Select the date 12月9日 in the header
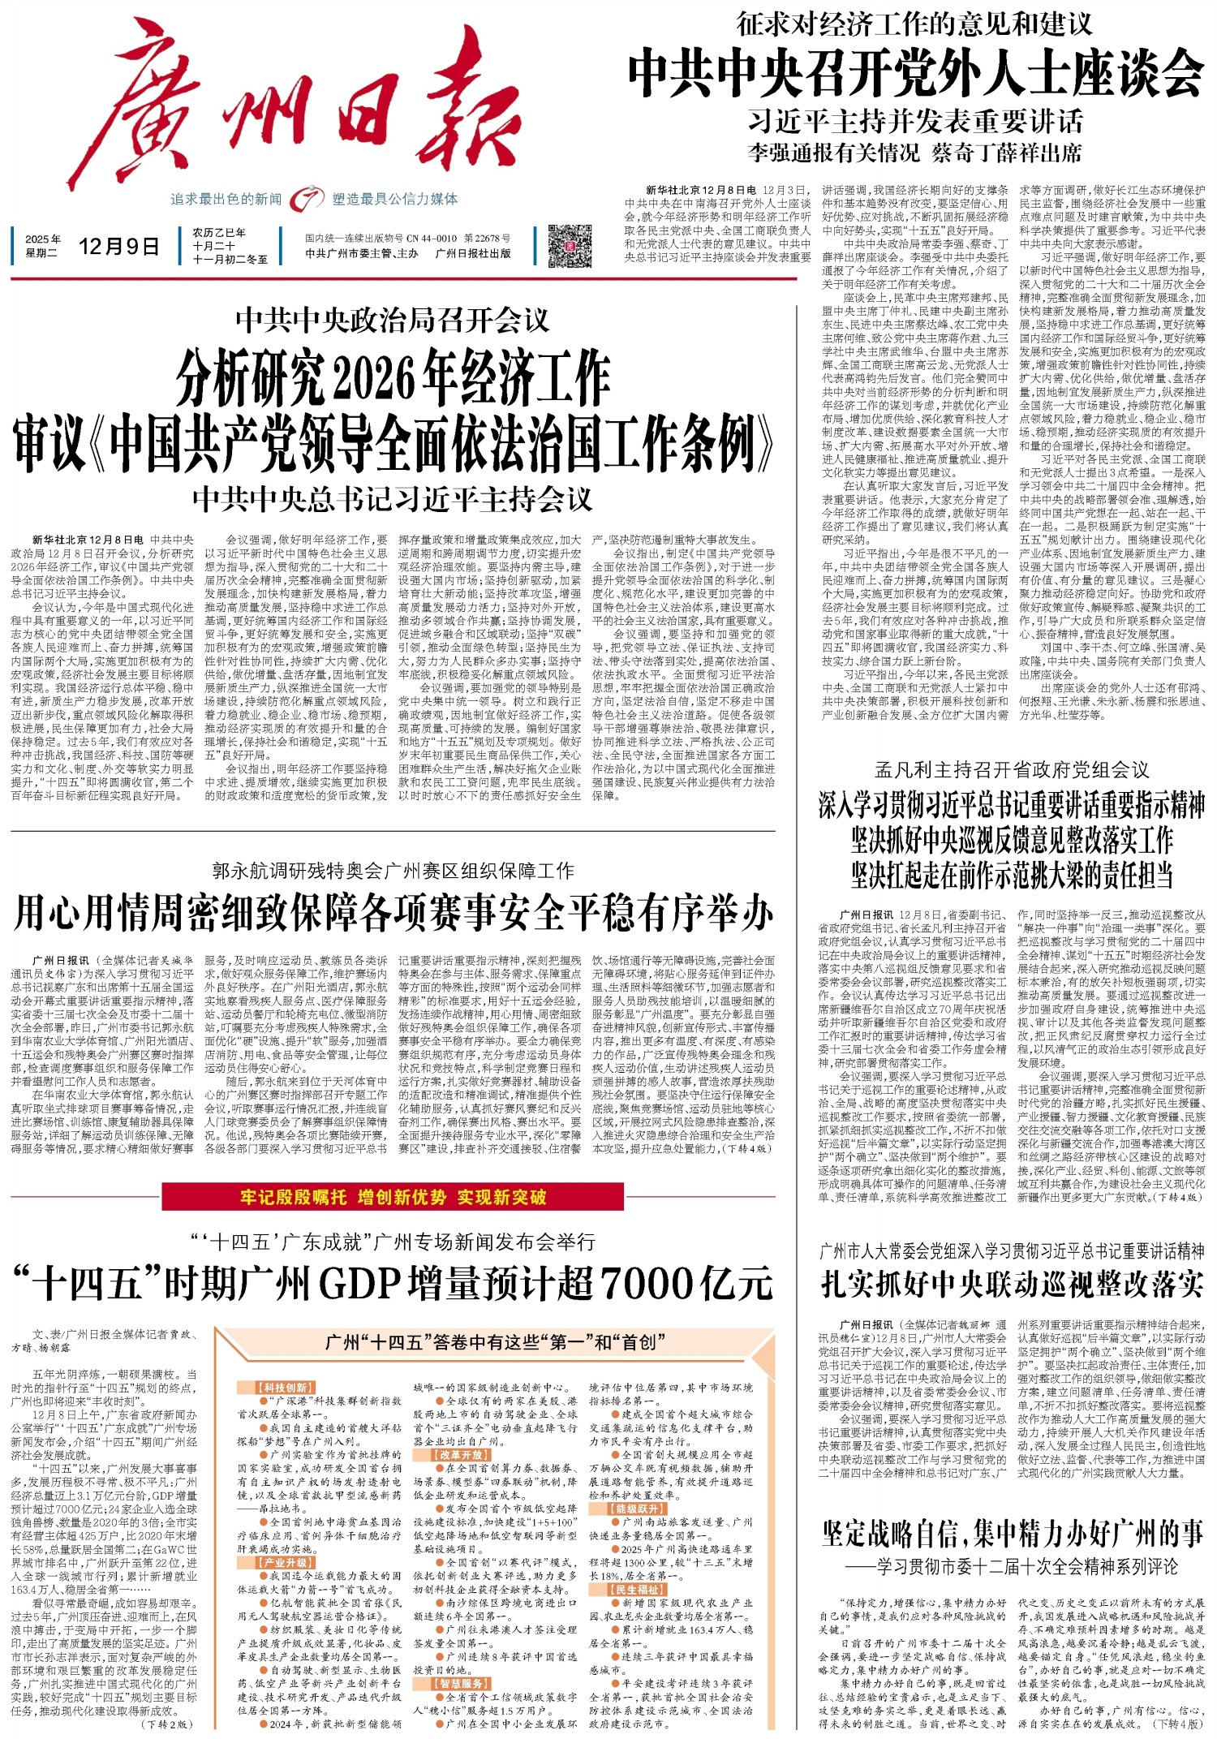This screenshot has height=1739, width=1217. pos(119,247)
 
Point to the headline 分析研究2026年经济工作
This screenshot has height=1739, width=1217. pos(393,379)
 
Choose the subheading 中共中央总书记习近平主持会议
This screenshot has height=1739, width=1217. pos(393,498)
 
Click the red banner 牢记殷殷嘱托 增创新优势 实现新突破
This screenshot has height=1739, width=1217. pos(393,1197)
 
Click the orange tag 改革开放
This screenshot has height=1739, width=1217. pos(461,1455)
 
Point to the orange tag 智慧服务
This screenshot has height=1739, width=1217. pos(462,1684)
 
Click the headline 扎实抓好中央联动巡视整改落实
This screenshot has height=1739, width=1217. pos(1012,1284)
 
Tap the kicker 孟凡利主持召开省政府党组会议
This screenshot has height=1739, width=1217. pos(1012,769)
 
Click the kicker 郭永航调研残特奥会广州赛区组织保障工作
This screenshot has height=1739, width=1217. pos(393,871)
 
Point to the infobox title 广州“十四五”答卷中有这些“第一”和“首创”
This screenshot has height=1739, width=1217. pos(490,1342)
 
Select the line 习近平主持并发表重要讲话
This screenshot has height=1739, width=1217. pos(914,122)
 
